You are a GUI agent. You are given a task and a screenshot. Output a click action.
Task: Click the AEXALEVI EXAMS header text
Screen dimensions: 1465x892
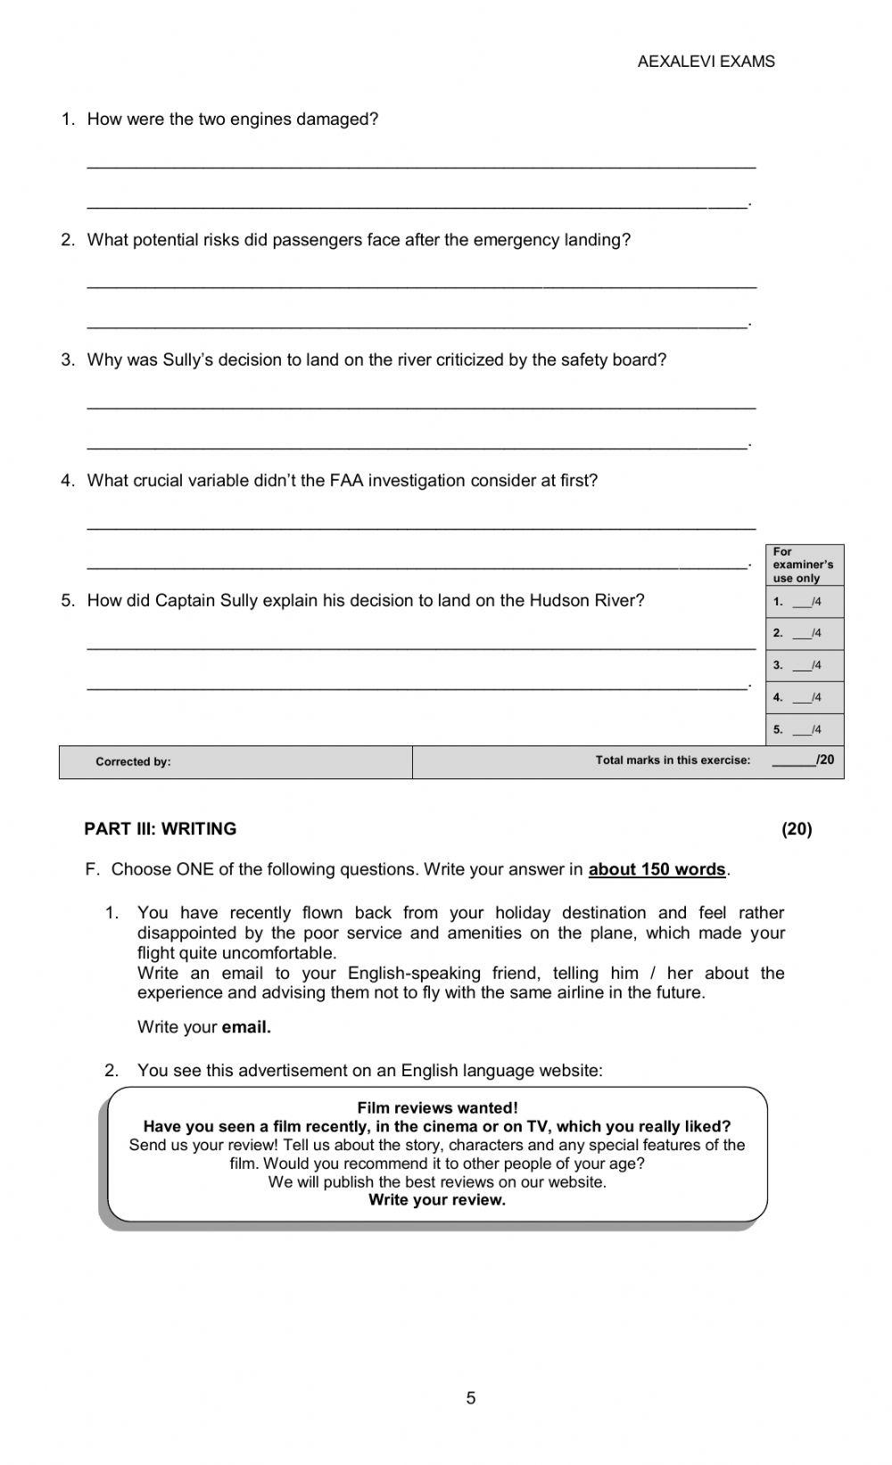706,62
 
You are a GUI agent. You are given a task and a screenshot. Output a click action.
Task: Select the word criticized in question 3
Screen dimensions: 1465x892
469,360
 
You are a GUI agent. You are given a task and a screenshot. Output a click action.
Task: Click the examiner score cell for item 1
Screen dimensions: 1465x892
805,602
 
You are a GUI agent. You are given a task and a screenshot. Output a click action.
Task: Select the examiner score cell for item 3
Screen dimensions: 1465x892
805,666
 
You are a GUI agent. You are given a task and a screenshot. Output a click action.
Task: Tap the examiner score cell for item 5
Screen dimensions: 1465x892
805,730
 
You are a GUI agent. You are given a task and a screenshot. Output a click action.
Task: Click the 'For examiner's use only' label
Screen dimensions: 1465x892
803,564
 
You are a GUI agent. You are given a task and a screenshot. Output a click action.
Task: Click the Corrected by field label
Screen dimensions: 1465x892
133,762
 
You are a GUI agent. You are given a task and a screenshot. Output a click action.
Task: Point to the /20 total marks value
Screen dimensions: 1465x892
825,761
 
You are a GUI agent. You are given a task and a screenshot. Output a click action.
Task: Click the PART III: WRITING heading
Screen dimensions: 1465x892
161,829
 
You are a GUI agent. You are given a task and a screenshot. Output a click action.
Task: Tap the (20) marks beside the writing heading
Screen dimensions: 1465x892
797,829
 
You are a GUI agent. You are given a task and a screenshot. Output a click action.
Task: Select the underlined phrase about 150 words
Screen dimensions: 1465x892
657,869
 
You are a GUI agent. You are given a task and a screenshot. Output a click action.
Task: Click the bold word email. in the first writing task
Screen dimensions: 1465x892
246,1027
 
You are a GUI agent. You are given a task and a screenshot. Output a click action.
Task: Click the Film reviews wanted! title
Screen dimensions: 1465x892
437,1108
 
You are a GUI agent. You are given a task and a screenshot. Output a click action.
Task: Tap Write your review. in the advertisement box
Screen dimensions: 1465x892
437,1200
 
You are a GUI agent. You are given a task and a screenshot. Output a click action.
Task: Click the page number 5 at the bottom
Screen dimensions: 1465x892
471,1398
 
